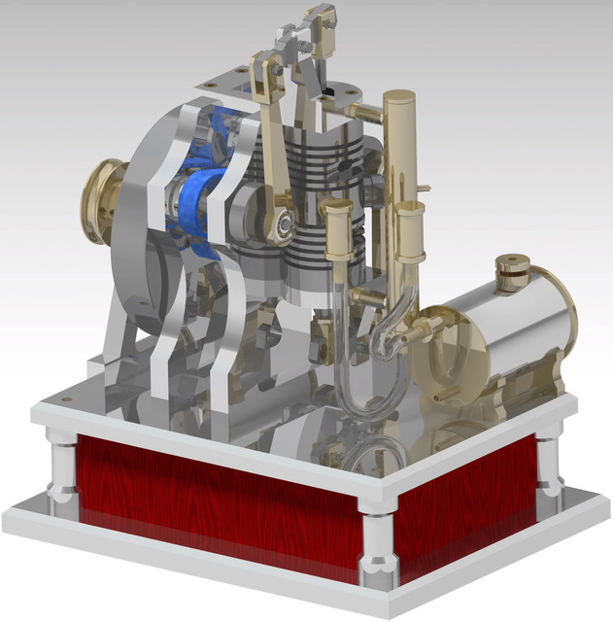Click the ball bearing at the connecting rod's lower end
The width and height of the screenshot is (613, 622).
tap(284, 223)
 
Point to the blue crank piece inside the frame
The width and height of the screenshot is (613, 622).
tap(201, 194)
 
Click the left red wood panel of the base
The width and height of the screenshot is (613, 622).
tap(214, 496)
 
